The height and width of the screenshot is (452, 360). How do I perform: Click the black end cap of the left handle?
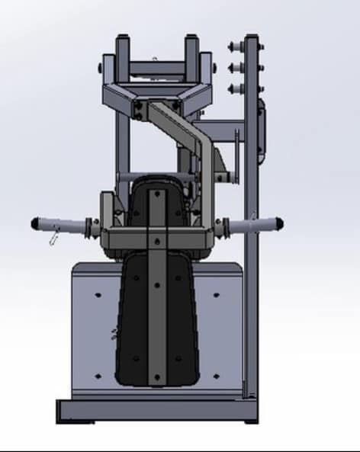(x=35, y=223)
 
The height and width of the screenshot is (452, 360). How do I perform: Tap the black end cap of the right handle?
(x=279, y=223)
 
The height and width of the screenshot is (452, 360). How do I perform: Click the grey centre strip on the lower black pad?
(x=157, y=320)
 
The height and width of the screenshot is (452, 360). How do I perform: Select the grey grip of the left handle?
(x=65, y=225)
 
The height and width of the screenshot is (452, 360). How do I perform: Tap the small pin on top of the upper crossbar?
(x=155, y=58)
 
